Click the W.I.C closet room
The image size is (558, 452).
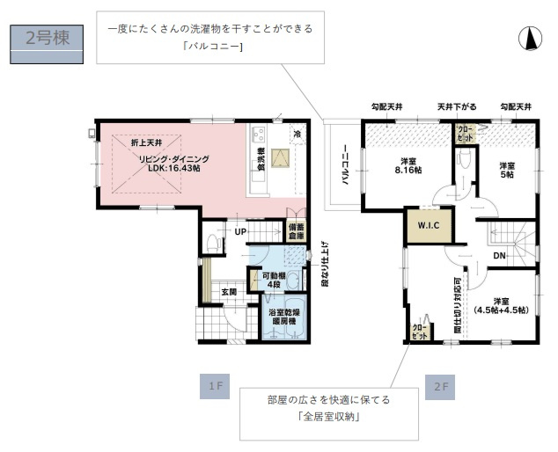[429, 224]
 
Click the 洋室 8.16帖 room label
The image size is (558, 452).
[408, 164]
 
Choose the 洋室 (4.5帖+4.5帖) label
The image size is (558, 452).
[500, 303]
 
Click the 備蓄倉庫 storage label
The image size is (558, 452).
[295, 231]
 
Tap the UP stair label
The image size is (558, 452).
[239, 231]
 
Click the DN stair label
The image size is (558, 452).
[498, 256]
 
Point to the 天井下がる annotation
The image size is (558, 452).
[458, 106]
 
